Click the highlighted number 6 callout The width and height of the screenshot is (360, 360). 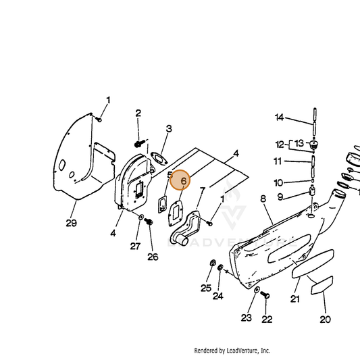[184, 181]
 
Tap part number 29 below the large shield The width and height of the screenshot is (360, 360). [71, 223]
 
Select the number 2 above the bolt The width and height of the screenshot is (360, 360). [138, 113]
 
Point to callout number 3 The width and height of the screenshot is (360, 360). [169, 128]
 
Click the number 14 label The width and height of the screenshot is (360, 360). [280, 118]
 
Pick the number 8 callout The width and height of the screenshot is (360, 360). [263, 199]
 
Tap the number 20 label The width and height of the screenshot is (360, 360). [325, 319]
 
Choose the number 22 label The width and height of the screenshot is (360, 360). [267, 319]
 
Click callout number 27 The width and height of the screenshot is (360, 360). [135, 246]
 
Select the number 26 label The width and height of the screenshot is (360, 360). [153, 257]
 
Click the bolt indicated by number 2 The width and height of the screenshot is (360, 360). [139, 144]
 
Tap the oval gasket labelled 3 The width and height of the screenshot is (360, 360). [159, 159]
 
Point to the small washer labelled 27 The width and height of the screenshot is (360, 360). [141, 217]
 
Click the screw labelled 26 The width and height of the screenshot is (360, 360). [149, 222]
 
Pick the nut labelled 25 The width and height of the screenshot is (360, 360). [213, 263]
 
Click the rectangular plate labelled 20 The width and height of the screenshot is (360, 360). [322, 286]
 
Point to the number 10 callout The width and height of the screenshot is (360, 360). [278, 183]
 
